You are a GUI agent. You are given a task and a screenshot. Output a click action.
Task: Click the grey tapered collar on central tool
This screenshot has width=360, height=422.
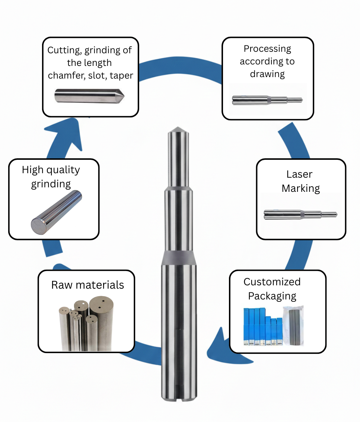tap(178, 257)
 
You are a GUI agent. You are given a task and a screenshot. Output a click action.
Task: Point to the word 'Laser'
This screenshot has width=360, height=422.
tap(299, 174)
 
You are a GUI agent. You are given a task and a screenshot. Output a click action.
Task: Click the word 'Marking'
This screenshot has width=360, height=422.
tap(300, 188)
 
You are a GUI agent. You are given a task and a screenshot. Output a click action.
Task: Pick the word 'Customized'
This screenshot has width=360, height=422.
tap(272, 282)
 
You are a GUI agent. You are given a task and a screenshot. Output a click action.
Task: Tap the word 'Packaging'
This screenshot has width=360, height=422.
tap(272, 296)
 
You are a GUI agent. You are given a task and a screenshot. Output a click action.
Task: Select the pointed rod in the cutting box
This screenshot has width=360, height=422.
tap(89, 96)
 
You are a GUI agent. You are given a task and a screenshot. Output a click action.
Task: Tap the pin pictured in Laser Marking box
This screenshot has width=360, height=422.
tap(300, 214)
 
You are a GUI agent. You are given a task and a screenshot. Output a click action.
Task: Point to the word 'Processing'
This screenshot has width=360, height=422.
tap(267, 49)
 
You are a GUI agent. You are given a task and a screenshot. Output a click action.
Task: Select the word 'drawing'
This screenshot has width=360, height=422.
tap(267, 74)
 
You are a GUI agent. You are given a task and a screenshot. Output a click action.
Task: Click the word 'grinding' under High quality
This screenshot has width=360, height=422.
tap(51, 184)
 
